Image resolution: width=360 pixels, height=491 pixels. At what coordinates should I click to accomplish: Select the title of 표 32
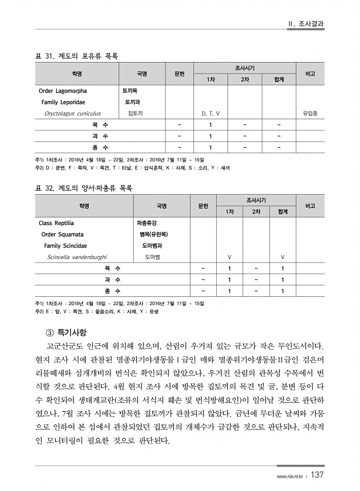click(84, 188)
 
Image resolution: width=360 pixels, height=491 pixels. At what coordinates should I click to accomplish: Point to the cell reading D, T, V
click(210, 113)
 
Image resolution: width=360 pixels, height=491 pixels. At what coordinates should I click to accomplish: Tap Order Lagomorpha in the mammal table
click(63, 91)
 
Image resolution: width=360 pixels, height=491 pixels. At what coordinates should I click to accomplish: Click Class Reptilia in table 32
click(57, 223)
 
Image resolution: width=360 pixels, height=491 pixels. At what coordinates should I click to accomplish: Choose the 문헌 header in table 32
click(203, 206)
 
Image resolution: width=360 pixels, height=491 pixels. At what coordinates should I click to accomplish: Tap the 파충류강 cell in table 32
click(147, 223)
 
